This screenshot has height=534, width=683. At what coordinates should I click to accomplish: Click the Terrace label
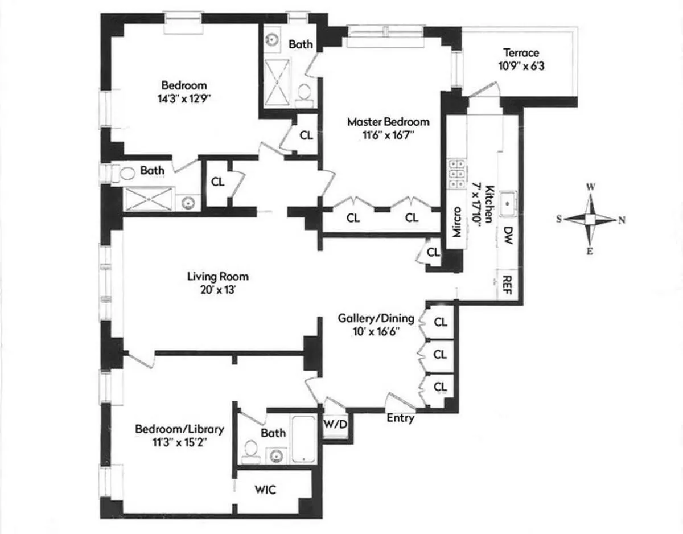(521, 53)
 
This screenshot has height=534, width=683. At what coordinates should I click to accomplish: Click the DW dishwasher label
(508, 235)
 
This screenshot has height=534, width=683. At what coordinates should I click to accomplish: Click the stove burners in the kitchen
(455, 173)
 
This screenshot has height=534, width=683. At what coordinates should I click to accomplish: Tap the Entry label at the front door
(400, 418)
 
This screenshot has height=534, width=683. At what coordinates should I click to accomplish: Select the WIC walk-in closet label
(266, 490)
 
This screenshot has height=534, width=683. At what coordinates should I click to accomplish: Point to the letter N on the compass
(622, 220)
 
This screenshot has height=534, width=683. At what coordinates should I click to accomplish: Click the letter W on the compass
(591, 187)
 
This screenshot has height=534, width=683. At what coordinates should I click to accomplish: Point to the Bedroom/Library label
(179, 429)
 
